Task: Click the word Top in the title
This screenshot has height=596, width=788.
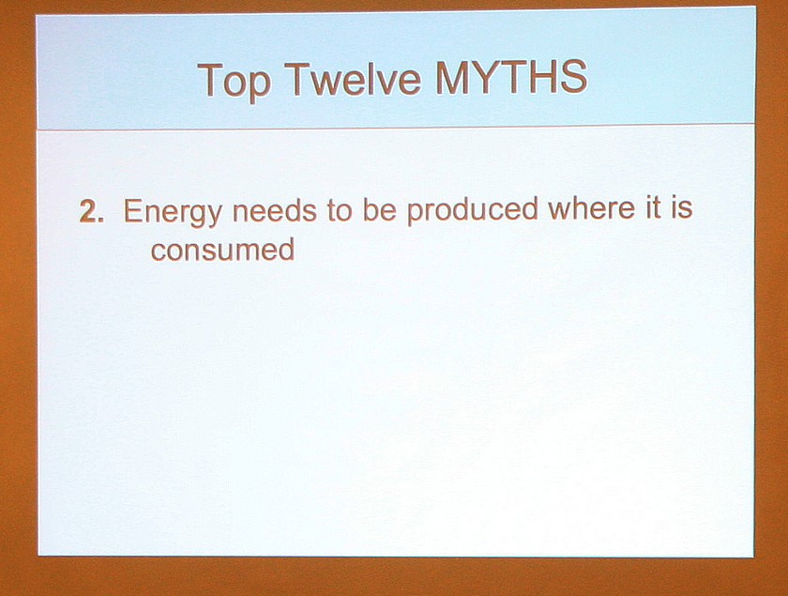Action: (235, 81)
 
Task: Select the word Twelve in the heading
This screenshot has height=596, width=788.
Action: (356, 78)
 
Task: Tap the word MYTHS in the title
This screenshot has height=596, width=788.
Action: (511, 77)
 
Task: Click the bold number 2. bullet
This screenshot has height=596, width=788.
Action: (92, 211)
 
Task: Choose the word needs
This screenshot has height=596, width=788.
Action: (274, 210)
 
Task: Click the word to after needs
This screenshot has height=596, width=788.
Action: (339, 211)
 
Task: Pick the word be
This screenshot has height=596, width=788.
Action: (379, 209)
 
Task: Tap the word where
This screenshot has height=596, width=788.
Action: (591, 207)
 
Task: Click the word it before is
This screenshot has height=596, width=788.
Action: (652, 207)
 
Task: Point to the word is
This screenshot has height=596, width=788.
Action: (681, 206)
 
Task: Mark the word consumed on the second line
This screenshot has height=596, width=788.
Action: (222, 249)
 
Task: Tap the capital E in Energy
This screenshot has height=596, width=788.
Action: (133, 211)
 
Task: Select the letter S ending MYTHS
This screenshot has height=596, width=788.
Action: (572, 76)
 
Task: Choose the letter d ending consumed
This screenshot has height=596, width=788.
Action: (287, 249)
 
